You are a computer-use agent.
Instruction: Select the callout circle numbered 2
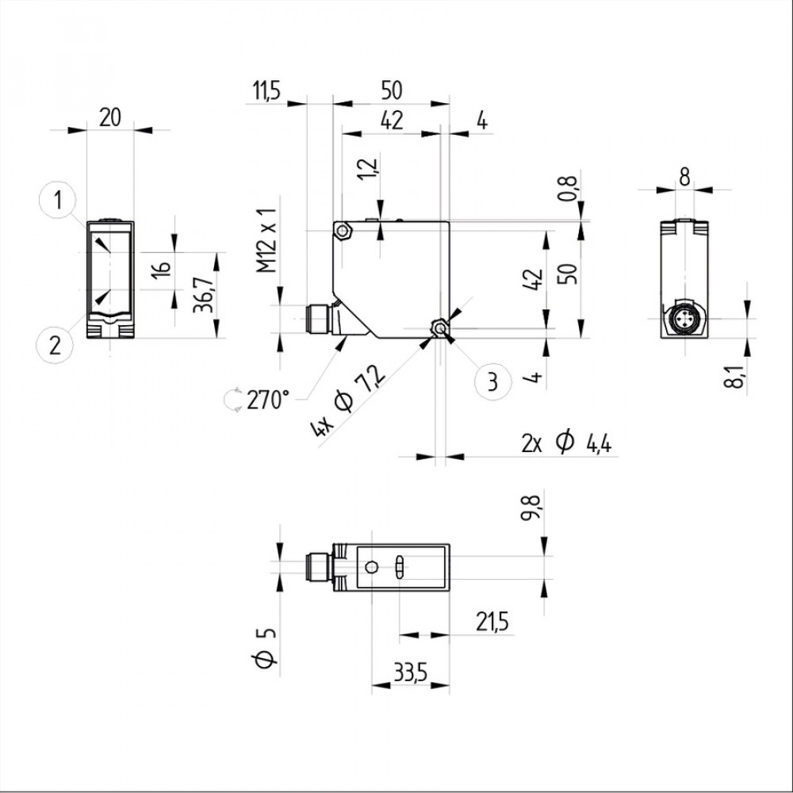coord(55,344)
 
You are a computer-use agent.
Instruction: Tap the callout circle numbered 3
coord(492,381)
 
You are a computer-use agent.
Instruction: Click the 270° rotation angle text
coord(267,400)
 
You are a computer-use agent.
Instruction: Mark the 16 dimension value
coord(161,268)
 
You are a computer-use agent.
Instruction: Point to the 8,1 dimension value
coord(737,374)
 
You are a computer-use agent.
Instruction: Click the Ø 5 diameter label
coord(267,647)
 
